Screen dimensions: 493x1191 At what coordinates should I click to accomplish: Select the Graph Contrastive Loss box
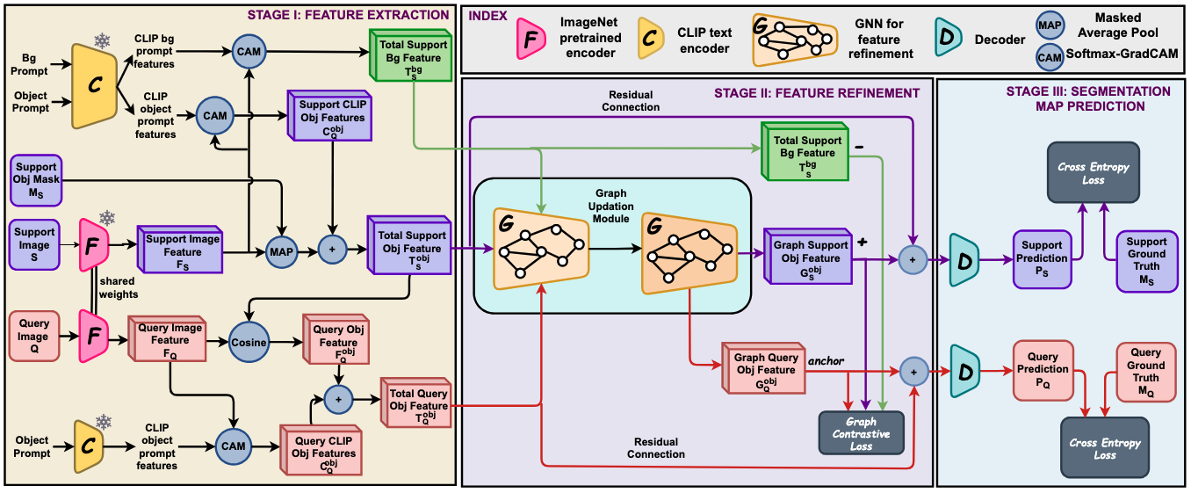862,433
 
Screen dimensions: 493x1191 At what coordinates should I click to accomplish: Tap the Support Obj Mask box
35,179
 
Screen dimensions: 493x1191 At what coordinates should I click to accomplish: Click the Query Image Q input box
35,336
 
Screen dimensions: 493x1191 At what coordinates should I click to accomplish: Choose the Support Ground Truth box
1147,260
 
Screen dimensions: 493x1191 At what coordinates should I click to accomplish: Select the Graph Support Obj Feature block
806,257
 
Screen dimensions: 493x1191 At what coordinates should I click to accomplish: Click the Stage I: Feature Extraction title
348,15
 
